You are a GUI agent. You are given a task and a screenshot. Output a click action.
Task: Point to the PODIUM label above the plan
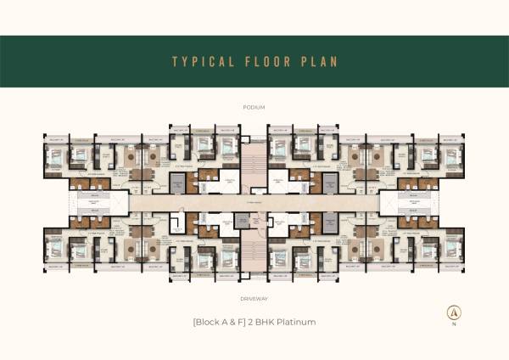[x=254, y=107]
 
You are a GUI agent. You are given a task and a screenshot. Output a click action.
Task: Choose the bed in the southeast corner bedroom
[x=454, y=250]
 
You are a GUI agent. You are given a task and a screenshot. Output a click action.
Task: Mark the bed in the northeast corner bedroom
[x=454, y=155]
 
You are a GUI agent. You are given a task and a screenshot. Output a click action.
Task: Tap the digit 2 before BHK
[x=255, y=322]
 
